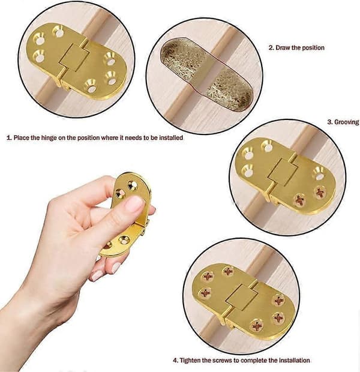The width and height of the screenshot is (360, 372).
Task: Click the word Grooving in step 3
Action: tap(346, 122)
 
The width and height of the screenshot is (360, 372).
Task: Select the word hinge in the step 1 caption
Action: tap(49, 138)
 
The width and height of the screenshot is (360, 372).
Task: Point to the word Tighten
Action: tap(190, 361)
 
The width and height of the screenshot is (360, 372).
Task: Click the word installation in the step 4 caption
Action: tap(294, 361)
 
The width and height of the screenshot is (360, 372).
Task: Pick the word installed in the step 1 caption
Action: tap(171, 137)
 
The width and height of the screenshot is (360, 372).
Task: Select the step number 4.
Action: tap(175, 361)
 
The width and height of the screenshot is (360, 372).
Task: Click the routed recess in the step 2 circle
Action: tap(206, 74)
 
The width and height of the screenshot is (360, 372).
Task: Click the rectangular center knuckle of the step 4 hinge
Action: tap(240, 297)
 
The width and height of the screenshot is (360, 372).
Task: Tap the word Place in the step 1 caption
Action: tap(22, 138)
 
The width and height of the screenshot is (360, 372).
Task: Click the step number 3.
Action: tap(330, 122)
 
